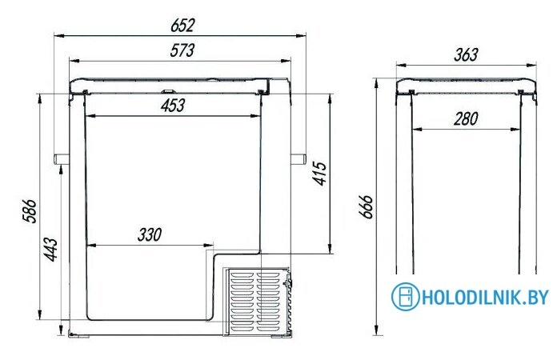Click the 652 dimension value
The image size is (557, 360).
click(182, 26)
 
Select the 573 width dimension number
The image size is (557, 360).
click(182, 50)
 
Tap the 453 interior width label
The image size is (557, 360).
click(173, 106)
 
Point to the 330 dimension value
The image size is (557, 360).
click(150, 234)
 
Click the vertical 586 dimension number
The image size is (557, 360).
click(30, 211)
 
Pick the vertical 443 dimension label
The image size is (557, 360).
click(50, 250)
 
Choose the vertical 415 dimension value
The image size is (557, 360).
click(319, 174)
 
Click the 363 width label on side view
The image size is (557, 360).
click(466, 54)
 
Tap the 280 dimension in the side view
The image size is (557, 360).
click(466, 118)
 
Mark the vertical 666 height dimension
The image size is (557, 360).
click(366, 206)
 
